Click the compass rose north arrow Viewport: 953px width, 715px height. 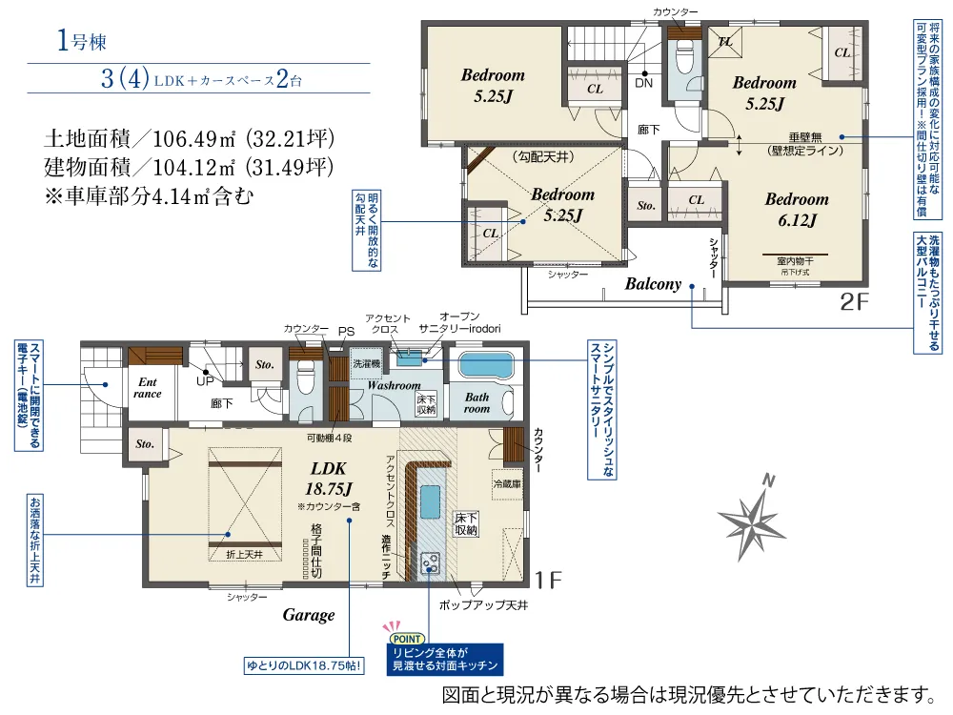click(753, 518)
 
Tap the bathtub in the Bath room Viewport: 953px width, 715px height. click(486, 365)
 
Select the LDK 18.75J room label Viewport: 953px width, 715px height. click(329, 479)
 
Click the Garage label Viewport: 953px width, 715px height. click(309, 615)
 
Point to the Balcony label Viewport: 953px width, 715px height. click(654, 284)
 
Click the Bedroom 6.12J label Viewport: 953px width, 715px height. click(797, 210)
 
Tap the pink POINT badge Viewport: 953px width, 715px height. click(407, 639)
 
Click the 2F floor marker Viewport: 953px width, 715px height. click(855, 301)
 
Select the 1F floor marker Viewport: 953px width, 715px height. click(548, 580)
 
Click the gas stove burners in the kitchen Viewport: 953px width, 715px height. click(431, 562)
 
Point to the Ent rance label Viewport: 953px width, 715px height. click(148, 388)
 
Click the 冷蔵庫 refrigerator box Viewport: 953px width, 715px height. click(507, 484)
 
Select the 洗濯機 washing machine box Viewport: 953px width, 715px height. click(367, 363)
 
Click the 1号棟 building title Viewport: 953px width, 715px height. click(81, 41)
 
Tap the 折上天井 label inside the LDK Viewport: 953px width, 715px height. click(244, 555)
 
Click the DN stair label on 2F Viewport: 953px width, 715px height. click(643, 83)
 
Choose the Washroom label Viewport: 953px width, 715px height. click(394, 385)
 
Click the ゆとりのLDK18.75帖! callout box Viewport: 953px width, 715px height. click(305, 665)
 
